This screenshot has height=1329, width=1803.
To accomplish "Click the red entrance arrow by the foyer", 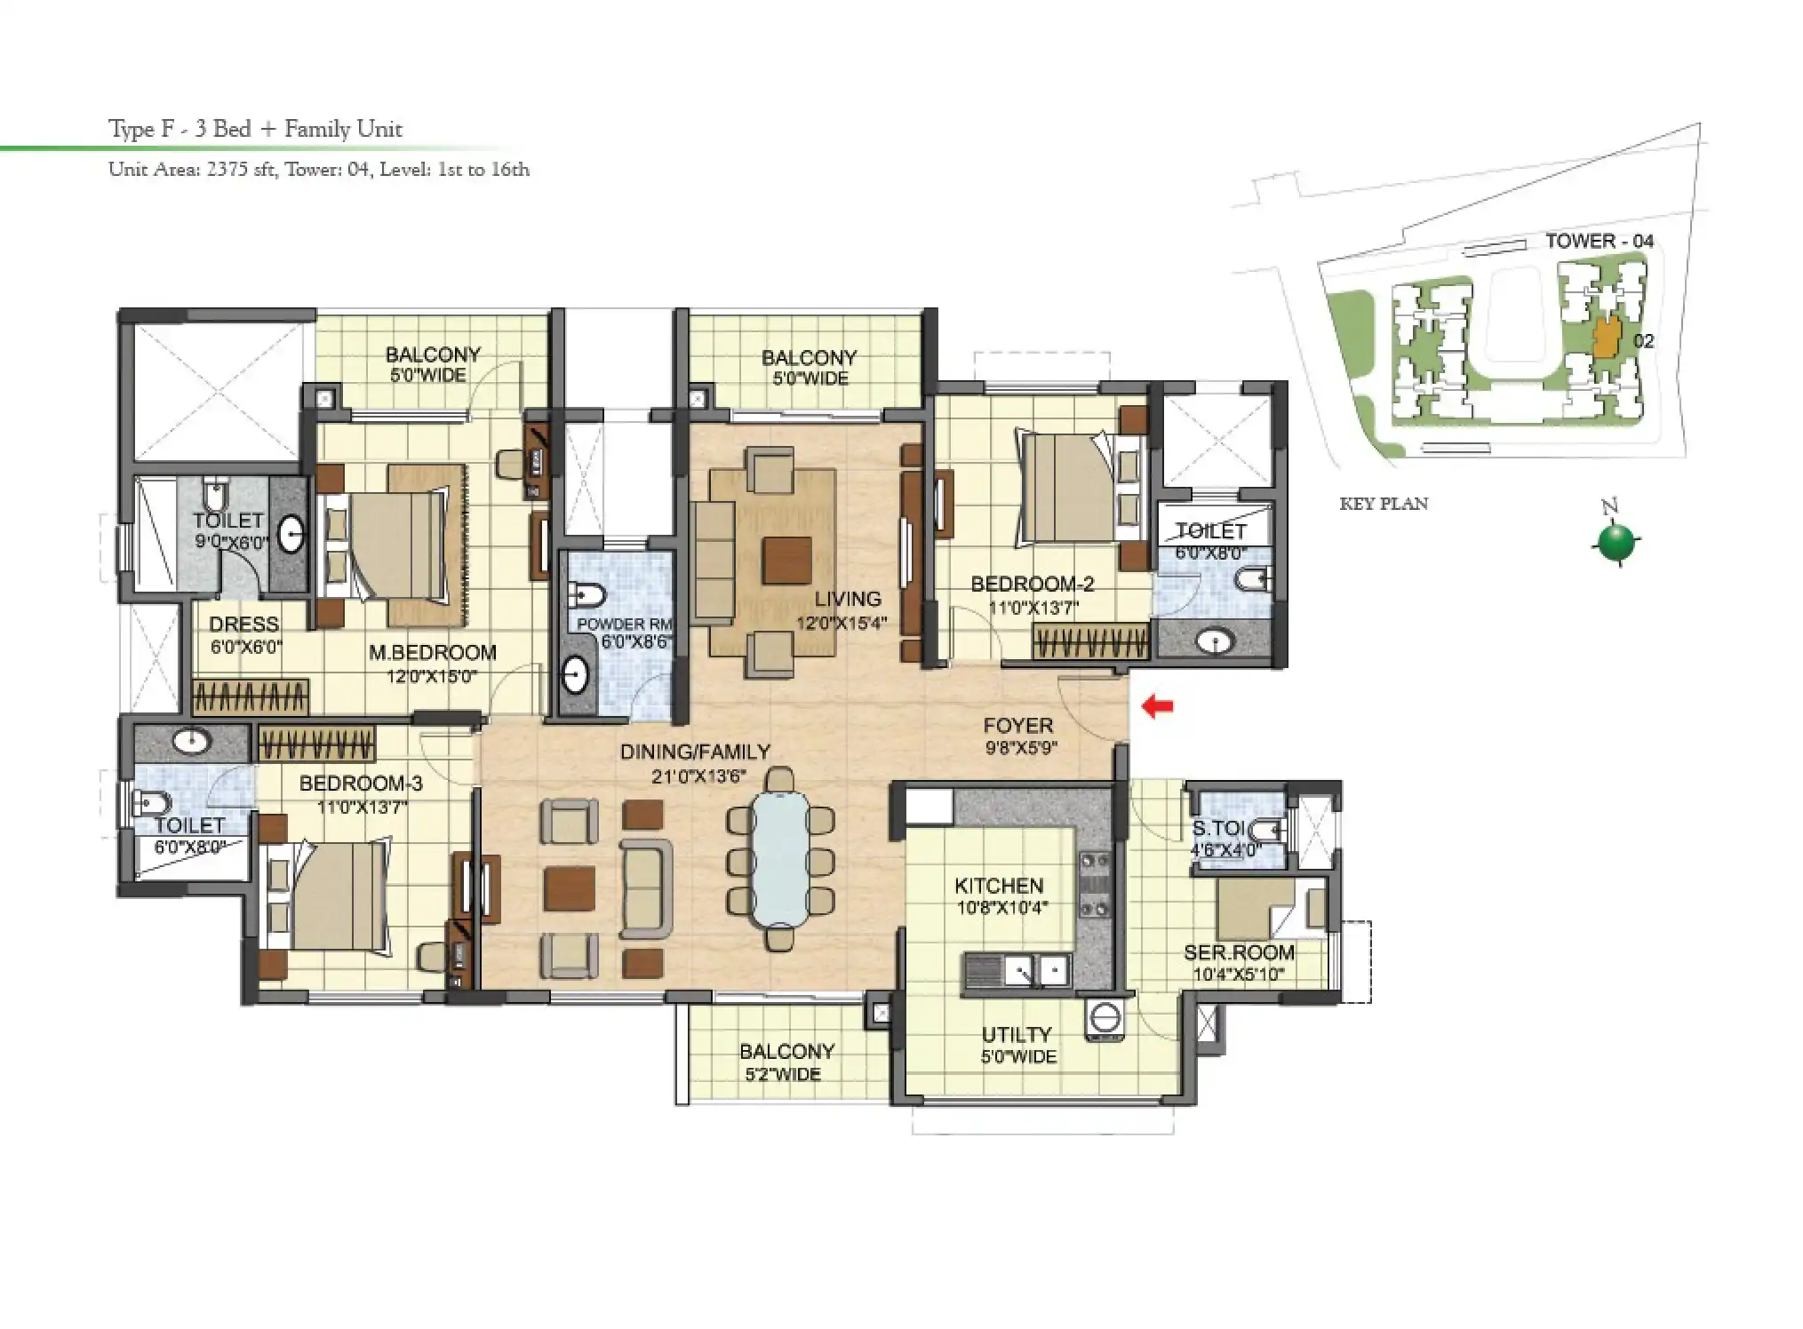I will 1157,707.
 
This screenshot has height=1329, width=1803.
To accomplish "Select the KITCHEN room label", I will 999,886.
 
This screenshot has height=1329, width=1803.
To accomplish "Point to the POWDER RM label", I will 624,625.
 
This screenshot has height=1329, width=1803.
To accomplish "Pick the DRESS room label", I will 244,624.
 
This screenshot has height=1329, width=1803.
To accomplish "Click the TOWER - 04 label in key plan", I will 1599,241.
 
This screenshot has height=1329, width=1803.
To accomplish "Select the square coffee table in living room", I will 786,560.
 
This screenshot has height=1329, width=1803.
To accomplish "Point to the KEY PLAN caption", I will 1384,504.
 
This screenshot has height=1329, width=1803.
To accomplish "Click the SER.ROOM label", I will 1239,953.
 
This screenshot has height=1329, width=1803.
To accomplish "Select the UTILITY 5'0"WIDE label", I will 1017,1045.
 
